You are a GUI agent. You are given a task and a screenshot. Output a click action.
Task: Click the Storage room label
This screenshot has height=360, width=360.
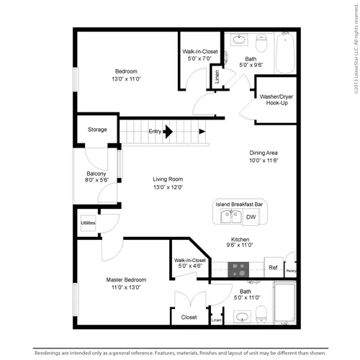pyautogui.click(x=97, y=130)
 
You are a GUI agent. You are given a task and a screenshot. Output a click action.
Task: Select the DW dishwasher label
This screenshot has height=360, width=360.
pyautogui.click(x=251, y=217)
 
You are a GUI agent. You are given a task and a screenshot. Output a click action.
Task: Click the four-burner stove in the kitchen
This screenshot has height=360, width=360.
pyautogui.click(x=238, y=269)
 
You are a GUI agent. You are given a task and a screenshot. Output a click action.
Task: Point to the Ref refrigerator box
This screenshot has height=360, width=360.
pyautogui.click(x=274, y=267)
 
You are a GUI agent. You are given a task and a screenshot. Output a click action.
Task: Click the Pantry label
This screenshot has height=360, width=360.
pyautogui.click(x=292, y=271)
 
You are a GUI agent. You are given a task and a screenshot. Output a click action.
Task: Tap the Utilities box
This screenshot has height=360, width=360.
pyautogui.click(x=88, y=223)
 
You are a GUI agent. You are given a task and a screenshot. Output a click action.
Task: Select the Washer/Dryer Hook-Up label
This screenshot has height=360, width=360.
pyautogui.click(x=276, y=100)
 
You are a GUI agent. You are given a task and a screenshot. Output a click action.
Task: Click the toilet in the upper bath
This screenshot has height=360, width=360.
pyautogui.click(x=261, y=43)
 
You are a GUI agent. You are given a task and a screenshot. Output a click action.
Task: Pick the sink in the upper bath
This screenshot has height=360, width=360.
pyautogui.click(x=239, y=40)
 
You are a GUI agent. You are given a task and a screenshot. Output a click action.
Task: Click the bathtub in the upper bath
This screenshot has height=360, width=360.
pyautogui.click(x=285, y=53)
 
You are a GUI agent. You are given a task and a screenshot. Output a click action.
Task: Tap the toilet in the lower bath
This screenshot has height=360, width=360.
pyautogui.click(x=261, y=314)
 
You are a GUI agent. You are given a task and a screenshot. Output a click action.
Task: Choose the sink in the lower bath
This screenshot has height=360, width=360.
pyautogui.click(x=242, y=317)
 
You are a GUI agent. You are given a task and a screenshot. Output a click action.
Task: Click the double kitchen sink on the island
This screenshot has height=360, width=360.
pyautogui.click(x=231, y=216)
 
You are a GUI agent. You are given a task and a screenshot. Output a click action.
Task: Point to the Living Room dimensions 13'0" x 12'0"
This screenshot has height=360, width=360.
pyautogui.click(x=168, y=187)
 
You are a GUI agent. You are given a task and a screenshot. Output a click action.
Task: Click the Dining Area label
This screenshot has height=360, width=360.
pyautogui.click(x=264, y=153)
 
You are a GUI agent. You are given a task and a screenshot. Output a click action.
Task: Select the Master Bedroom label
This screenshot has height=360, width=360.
pyautogui.click(x=126, y=280)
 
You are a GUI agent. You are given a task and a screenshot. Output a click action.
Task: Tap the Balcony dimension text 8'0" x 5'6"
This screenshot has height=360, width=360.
pyautogui.click(x=96, y=180)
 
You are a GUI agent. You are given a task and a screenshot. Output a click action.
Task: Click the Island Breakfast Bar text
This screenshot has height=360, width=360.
pyautogui.click(x=239, y=204)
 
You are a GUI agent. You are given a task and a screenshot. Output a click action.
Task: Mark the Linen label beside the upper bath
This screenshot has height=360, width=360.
pyautogui.click(x=217, y=77)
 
